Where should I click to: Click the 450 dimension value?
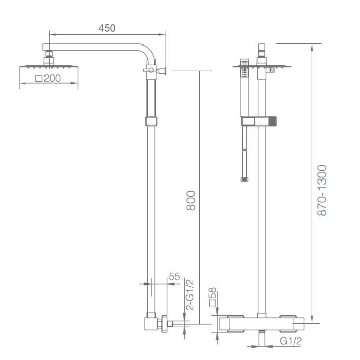click(107, 28)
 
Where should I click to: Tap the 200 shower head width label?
click(52, 78)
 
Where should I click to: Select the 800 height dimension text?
click(191, 200)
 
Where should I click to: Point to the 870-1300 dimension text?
click(322, 191)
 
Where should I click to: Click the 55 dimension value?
click(174, 277)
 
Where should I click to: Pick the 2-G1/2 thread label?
click(190, 295)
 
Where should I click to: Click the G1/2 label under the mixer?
click(291, 341)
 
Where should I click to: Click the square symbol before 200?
click(39, 79)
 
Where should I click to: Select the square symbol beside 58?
click(213, 303)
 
